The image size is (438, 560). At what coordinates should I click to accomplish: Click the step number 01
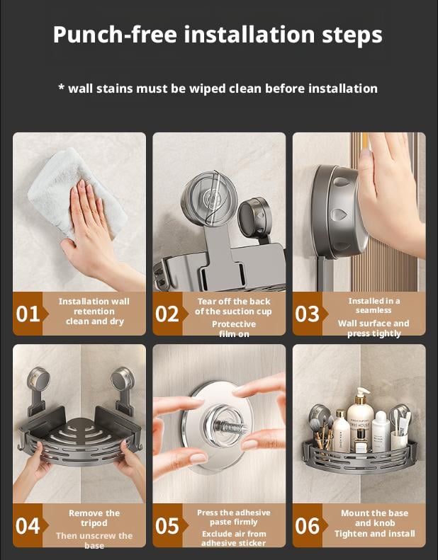28,314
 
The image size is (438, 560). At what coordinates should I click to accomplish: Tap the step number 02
167,314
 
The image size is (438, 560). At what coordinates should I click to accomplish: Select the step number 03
307,314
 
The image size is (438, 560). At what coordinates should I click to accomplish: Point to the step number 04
28,526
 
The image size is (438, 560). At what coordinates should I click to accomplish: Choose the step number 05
167,526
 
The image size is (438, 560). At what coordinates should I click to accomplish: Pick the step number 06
307,526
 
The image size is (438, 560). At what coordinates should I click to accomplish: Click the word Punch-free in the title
115,35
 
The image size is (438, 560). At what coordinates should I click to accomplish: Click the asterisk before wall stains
61,87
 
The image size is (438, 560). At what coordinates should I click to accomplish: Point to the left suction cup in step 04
38,379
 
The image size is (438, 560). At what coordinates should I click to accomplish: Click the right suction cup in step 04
123,379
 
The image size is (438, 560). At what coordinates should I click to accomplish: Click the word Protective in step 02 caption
234,324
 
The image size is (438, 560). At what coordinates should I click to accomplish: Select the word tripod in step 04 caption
94,523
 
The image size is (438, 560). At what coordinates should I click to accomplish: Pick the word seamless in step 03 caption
374,310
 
